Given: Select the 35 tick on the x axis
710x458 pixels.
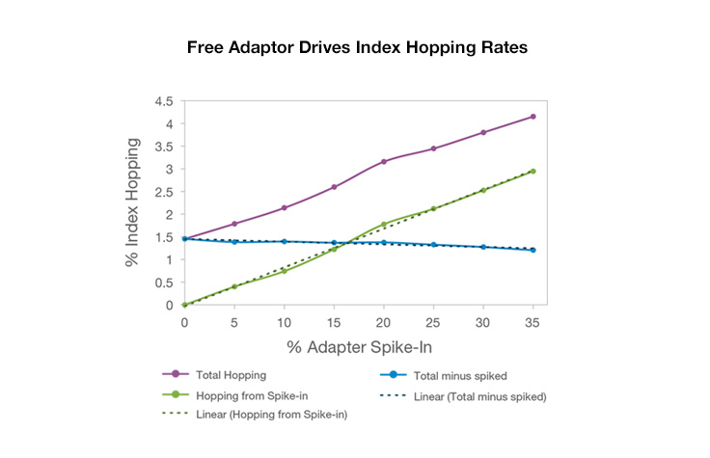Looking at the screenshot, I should pyautogui.click(x=533, y=321).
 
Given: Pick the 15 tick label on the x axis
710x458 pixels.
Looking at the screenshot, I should pyautogui.click(x=334, y=321).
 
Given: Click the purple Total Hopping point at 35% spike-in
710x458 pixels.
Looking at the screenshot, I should pyautogui.click(x=533, y=117).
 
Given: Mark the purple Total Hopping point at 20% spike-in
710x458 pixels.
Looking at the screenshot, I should pyautogui.click(x=384, y=161).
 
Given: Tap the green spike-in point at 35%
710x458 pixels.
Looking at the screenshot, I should pyautogui.click(x=533, y=171).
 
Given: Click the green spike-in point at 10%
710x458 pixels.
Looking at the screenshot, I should pyautogui.click(x=284, y=271).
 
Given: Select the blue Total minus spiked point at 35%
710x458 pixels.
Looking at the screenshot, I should pyautogui.click(x=533, y=250).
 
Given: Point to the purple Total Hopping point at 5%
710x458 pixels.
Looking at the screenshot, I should pyautogui.click(x=234, y=224).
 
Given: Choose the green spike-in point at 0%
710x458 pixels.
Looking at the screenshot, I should pyautogui.click(x=184, y=305).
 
